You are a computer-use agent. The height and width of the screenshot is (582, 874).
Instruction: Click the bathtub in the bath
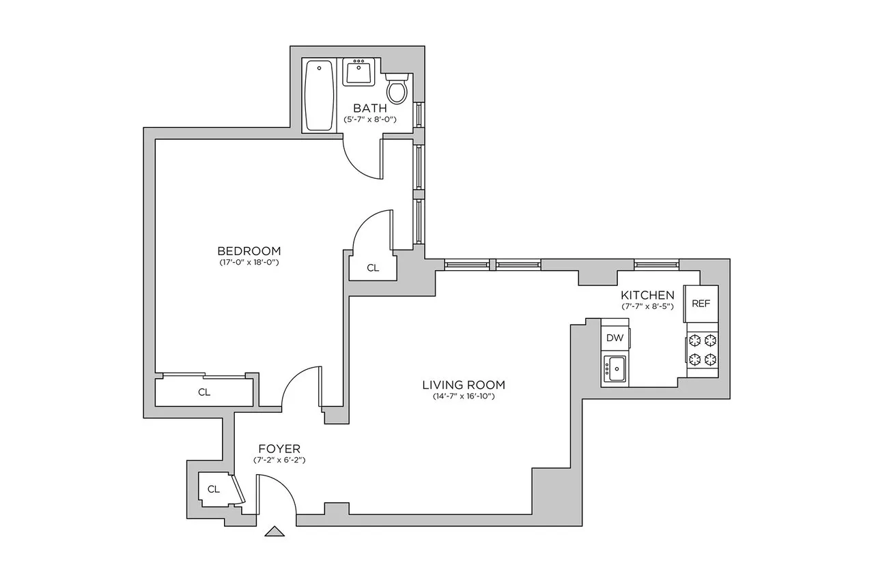point(319,95)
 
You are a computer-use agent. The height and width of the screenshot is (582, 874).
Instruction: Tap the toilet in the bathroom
point(397,88)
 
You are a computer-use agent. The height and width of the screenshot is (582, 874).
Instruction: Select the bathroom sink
point(358,72)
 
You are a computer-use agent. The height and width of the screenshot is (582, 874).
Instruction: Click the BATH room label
point(369,108)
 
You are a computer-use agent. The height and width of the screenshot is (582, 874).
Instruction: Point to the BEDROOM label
point(249,250)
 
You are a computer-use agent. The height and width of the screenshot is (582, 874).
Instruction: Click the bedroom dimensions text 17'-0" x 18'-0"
point(249,262)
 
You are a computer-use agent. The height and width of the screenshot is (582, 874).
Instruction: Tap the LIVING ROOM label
point(463,385)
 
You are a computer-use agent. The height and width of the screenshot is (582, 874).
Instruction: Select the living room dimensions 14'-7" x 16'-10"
point(463,396)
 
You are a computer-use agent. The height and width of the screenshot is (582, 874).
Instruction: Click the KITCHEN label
point(647,295)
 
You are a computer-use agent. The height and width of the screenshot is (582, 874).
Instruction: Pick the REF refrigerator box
point(701,304)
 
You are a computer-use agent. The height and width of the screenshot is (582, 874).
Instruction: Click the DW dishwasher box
point(615,338)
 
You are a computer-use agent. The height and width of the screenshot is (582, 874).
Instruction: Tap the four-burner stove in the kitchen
point(703,350)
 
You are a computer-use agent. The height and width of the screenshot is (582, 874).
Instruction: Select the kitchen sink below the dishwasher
point(615,369)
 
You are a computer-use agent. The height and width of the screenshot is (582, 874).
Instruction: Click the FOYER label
point(279,448)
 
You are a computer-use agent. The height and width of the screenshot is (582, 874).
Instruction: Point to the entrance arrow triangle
point(275,532)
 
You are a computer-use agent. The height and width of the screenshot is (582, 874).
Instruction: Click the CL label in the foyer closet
point(213,489)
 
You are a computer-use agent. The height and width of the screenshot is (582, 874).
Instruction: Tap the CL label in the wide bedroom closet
point(203,392)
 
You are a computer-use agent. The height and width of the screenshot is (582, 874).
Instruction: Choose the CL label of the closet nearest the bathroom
point(372,268)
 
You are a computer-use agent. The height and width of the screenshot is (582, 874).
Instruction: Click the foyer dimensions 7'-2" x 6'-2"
point(279,460)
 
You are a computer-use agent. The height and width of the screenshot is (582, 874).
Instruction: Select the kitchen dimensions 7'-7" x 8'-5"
point(647,306)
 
